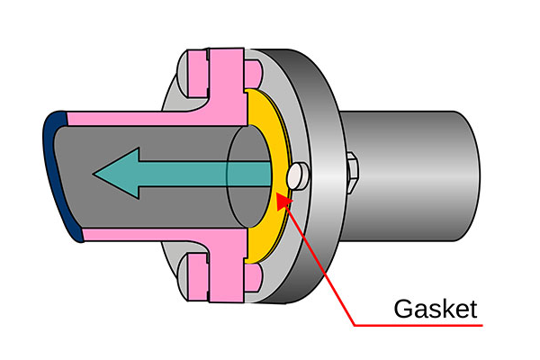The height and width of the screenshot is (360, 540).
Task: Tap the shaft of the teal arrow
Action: click(207, 171)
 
